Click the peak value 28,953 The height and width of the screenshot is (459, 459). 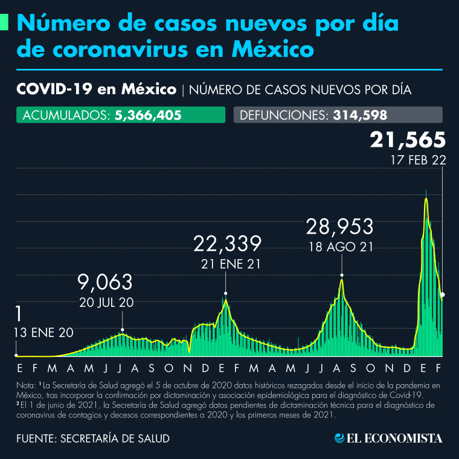339,227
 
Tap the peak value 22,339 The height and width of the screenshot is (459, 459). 228,244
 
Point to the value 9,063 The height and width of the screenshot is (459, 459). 105,282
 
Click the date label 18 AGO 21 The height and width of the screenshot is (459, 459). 339,247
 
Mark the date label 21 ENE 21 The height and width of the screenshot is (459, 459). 225,264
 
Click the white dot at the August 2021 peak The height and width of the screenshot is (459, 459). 342,275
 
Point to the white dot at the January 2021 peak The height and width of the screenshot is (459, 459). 226,294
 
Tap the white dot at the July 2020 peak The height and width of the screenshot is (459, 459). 123,330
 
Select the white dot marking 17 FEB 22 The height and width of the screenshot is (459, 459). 443,295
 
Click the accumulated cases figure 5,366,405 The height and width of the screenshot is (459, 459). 148,115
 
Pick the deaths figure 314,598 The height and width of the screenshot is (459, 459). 360,115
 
